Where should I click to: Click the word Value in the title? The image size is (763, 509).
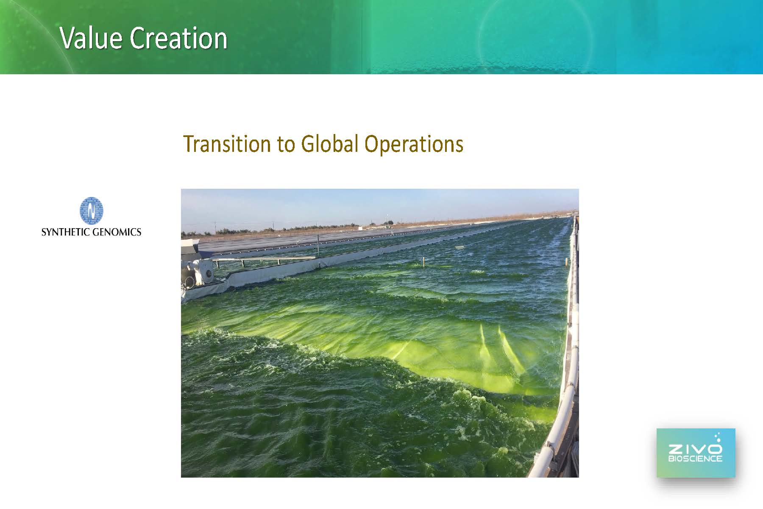coord(91,38)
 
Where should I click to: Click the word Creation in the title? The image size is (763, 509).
coord(178,38)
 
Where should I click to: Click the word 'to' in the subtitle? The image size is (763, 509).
coord(286,145)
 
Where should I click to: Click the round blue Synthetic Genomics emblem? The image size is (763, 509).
coord(91,210)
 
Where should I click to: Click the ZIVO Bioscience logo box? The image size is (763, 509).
coord(696,453)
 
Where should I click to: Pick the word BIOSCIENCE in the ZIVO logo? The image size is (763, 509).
coord(695,459)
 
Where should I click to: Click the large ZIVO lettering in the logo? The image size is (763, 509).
coord(695,449)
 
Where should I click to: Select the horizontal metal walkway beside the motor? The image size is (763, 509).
coord(263,258)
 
